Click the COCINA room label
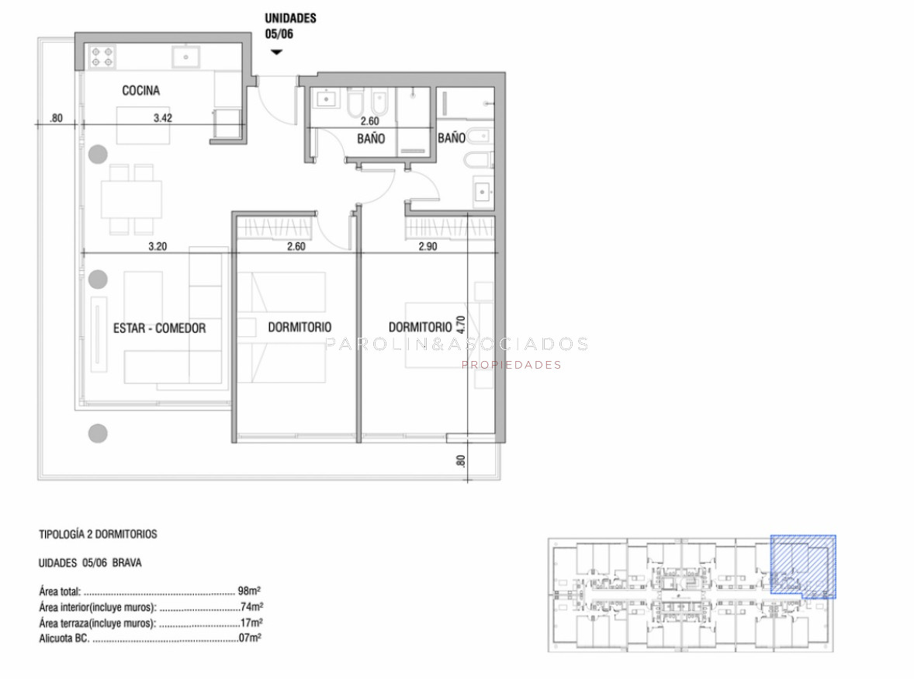point(140,90)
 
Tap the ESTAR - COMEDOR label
point(159,328)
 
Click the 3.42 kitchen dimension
point(163,118)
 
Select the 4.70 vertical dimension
point(461,325)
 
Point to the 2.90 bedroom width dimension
point(428,246)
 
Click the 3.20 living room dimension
point(158,246)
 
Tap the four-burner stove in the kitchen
point(102,57)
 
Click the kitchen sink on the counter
point(186,57)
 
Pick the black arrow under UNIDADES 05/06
point(276,52)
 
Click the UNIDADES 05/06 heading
point(290,26)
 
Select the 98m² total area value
point(249,591)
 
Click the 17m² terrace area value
point(251,623)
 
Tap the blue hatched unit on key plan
point(803,567)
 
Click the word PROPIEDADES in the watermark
point(511,365)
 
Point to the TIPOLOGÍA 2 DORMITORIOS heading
point(98,534)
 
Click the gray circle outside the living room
point(98,433)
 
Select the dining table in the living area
point(131,200)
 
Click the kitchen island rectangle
point(143,125)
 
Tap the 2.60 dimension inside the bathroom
point(369,121)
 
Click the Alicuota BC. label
point(64,638)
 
